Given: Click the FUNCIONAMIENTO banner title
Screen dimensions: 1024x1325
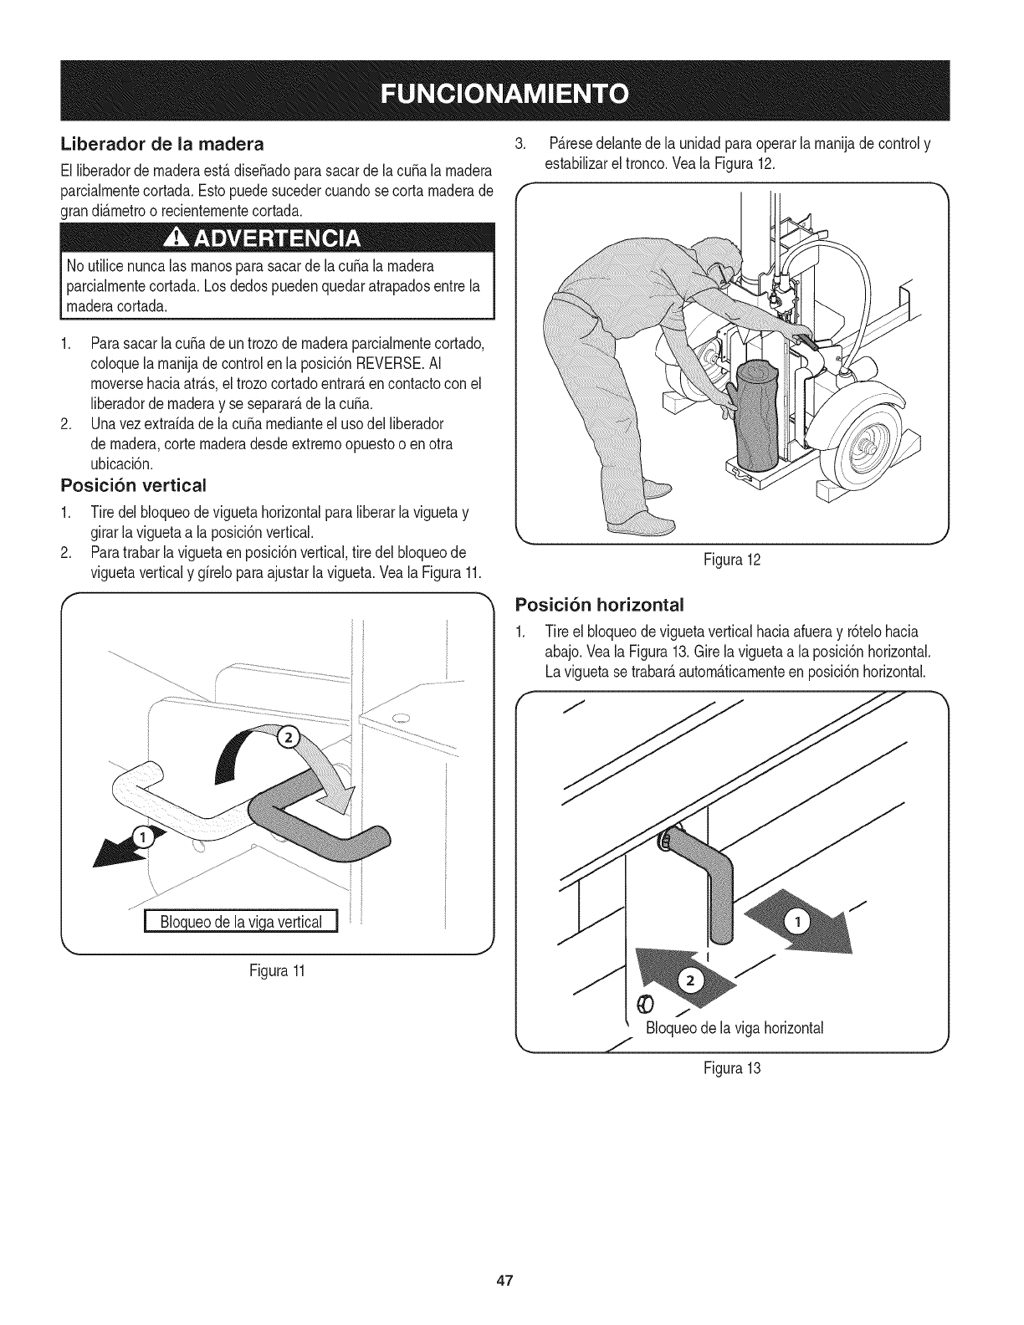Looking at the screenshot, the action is coord(512,91).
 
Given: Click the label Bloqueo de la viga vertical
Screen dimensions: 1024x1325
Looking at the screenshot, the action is coord(242,922).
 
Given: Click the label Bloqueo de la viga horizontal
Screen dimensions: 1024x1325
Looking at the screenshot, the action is coord(734,1028).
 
